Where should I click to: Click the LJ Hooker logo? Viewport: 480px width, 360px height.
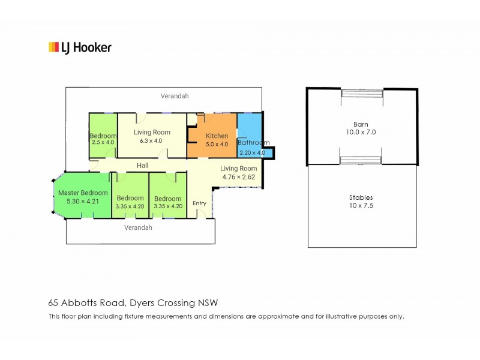point(80,47)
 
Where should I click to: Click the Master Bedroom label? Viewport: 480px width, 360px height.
point(83,193)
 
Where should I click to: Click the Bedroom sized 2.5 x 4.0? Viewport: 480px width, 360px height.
point(103,139)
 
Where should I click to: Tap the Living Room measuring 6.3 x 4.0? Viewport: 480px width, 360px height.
point(152,136)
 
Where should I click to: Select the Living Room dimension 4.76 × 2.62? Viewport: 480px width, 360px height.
point(239,177)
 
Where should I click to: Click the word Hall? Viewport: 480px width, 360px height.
point(142,166)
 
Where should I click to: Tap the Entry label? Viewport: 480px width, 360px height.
point(199,203)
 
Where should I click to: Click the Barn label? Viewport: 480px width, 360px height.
point(361,124)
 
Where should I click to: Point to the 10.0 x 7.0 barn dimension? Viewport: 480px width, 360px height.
point(361,132)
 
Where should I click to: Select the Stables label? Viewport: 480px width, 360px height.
point(361,197)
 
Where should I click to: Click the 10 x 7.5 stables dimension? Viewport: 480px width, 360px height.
point(361,205)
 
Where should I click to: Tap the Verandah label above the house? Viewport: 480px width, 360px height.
point(175,95)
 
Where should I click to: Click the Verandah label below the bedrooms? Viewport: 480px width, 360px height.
point(138,227)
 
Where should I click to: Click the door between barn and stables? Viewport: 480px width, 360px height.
point(361,160)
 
